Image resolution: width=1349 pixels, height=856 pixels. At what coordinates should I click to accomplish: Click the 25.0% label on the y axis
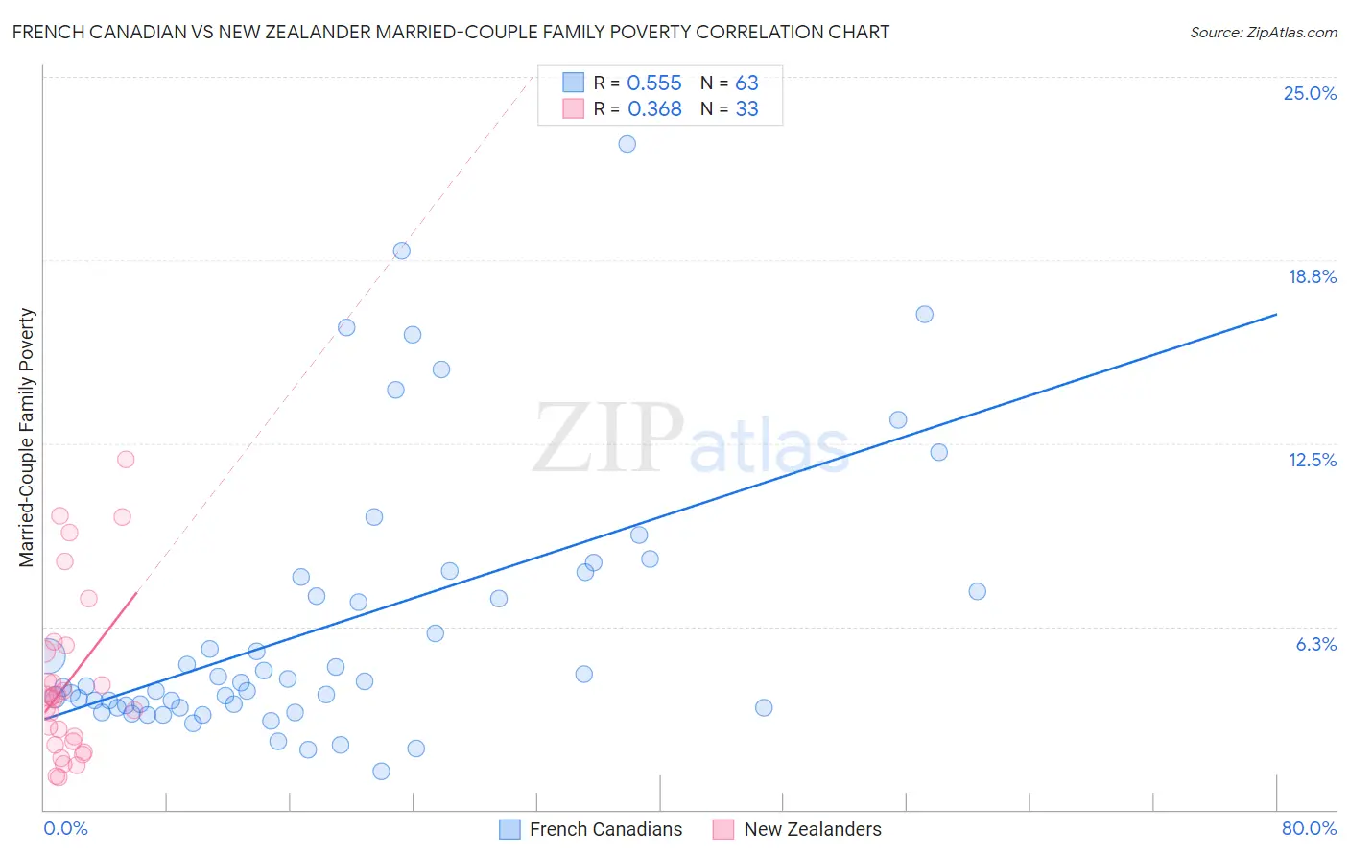tap(1310, 93)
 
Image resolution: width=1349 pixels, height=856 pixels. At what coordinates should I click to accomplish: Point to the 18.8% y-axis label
tap(1312, 276)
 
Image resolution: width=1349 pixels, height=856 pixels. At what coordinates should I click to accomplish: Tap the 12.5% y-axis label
tap(1312, 460)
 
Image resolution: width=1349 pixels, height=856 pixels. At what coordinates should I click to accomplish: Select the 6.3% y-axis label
tap(1315, 644)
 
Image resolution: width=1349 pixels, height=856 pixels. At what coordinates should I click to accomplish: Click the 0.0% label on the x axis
tap(65, 828)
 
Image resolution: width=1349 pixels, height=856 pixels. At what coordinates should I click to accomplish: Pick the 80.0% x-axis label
tap(1309, 828)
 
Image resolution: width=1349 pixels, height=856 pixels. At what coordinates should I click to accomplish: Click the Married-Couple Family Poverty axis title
tap(27, 438)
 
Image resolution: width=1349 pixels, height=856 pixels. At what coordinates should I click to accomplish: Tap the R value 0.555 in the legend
tap(654, 83)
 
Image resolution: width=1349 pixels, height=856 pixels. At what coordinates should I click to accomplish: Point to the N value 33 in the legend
tap(746, 109)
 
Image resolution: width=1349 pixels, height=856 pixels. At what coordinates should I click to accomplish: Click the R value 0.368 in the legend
tap(654, 109)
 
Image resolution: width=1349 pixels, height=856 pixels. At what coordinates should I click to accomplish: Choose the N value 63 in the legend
tap(746, 83)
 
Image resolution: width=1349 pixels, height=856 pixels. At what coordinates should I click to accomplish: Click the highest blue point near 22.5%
tap(627, 144)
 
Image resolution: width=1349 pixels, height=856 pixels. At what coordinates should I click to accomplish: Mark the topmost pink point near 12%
tap(126, 459)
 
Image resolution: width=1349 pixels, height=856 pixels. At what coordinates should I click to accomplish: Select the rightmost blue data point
tap(977, 591)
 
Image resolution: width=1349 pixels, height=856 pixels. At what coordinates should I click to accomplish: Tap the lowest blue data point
tap(381, 771)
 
